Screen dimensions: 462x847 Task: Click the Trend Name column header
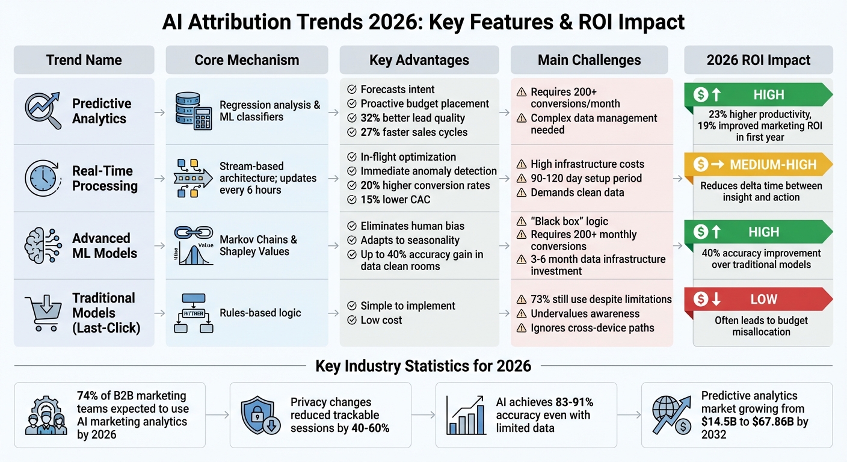click(84, 60)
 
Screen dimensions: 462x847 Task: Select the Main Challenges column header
click(589, 60)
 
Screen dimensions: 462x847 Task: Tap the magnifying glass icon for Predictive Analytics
click(43, 110)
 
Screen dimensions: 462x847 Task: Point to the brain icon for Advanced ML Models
click(42, 245)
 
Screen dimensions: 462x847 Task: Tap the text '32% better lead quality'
click(413, 118)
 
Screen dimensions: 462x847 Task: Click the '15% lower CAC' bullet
click(395, 200)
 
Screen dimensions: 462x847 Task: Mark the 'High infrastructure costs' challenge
click(587, 164)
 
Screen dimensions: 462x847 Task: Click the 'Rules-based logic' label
click(260, 312)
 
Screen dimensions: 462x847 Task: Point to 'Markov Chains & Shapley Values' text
click(258, 245)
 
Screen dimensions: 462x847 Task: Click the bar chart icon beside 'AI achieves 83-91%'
click(466, 415)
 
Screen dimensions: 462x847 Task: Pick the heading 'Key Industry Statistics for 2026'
click(423, 366)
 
